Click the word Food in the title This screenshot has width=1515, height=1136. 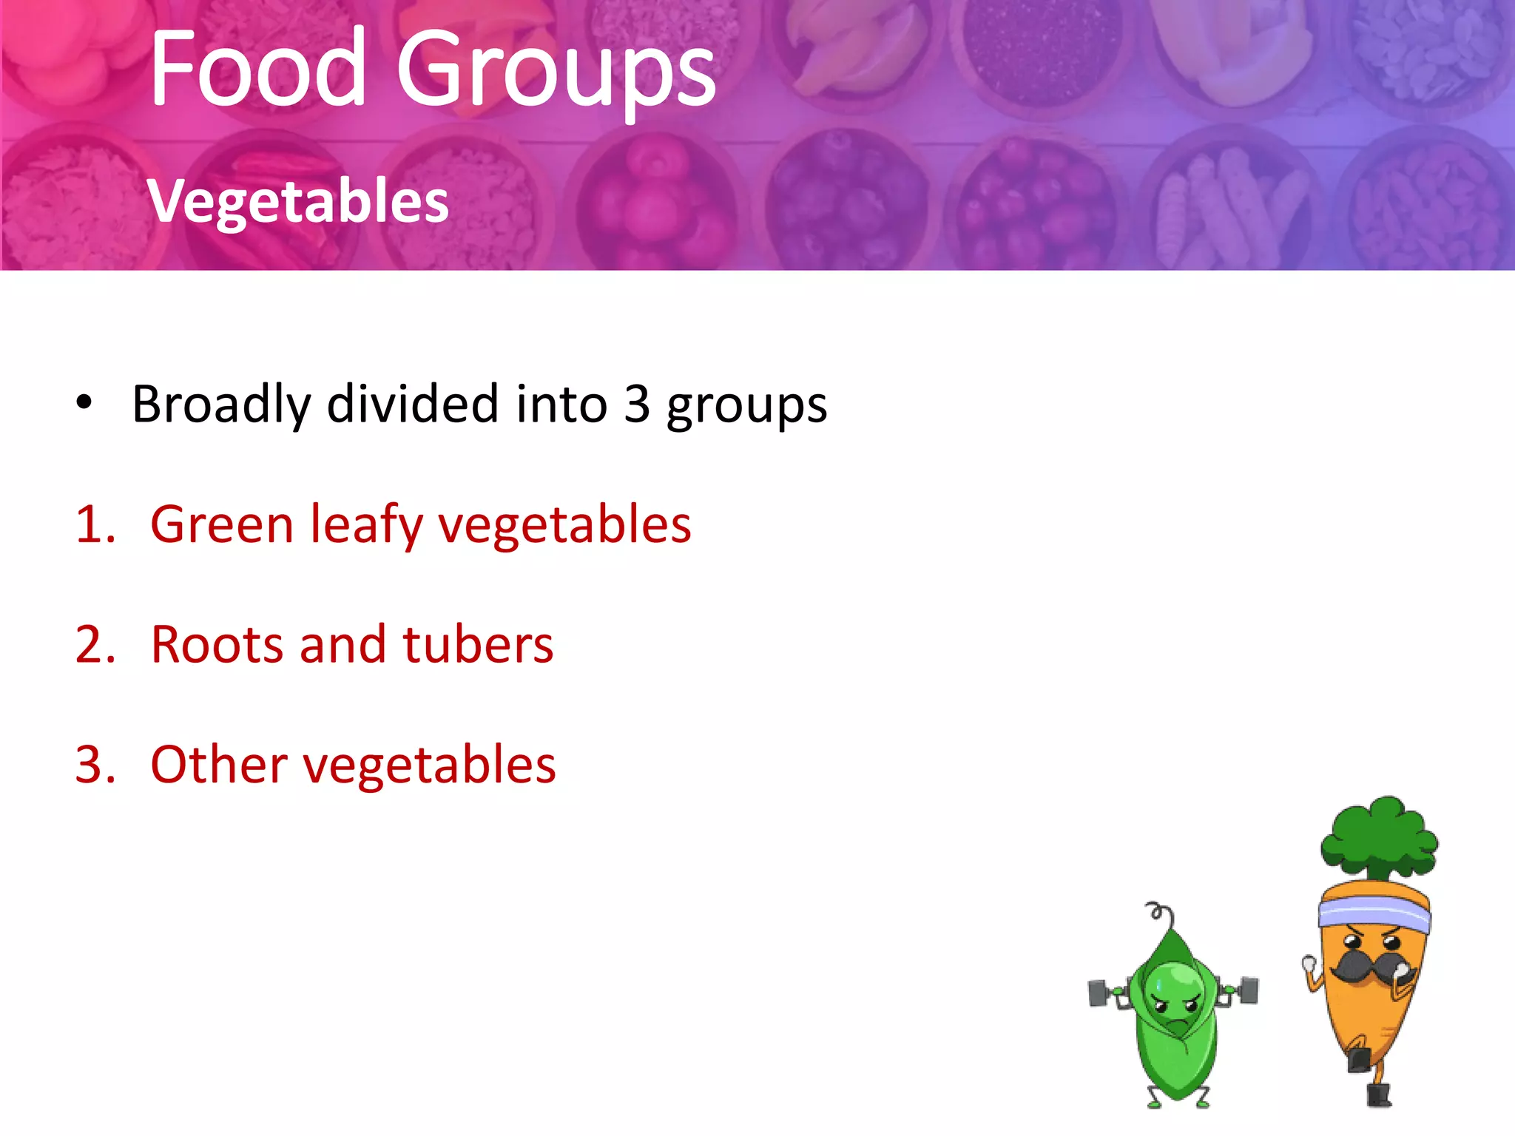[x=257, y=68]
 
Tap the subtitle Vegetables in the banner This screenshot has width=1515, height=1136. [x=298, y=201]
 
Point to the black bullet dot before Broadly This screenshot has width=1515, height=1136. [x=84, y=403]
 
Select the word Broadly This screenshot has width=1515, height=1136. [x=221, y=405]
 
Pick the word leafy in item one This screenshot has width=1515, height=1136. [x=366, y=526]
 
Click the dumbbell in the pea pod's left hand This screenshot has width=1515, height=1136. [x=1101, y=993]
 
